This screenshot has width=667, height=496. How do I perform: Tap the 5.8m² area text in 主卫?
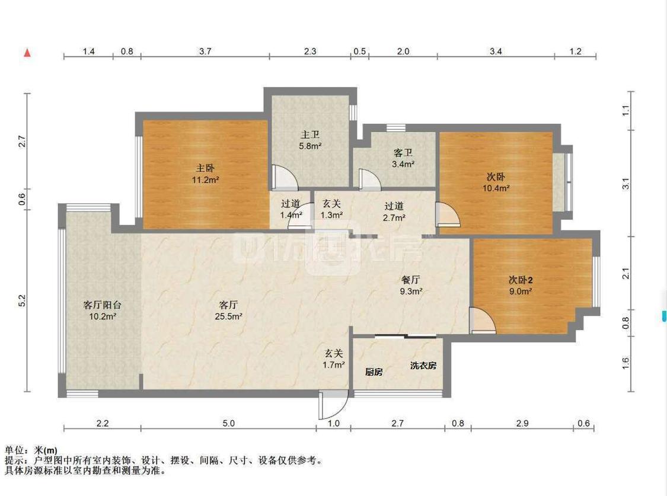point(310,145)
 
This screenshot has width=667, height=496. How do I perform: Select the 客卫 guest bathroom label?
point(403,152)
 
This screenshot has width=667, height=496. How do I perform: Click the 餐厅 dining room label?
point(411,280)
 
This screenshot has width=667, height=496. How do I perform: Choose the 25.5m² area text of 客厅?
point(229,316)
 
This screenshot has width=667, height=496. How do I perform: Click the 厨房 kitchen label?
point(374,372)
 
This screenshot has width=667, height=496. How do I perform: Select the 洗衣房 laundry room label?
point(423,366)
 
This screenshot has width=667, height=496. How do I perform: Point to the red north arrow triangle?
point(27,53)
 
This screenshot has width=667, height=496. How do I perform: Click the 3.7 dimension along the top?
point(205,52)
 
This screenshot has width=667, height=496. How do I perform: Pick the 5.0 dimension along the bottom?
point(229,423)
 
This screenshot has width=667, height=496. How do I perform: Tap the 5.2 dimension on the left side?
point(22,301)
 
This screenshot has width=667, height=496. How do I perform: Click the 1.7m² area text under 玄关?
point(334,365)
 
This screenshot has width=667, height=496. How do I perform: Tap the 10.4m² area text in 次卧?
point(496,188)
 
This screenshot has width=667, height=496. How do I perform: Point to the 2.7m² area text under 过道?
point(394,217)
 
